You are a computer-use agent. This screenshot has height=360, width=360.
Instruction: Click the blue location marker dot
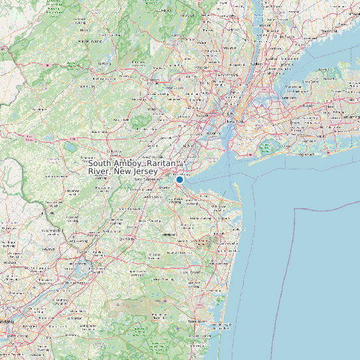179,179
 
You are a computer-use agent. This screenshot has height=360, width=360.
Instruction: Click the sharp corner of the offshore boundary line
294,208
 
